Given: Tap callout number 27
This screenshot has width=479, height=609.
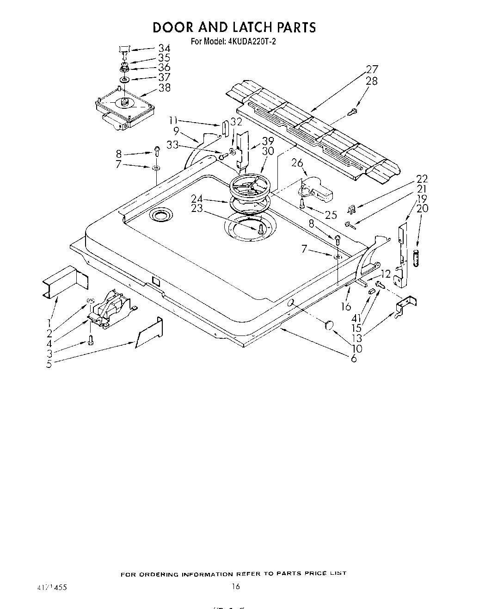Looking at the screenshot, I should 372,70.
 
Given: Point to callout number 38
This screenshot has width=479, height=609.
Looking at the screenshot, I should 164,87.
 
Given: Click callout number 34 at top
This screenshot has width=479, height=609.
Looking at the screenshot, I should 164,48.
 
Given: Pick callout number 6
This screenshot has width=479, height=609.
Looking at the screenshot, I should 354,359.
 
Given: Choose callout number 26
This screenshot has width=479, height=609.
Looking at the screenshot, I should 297,163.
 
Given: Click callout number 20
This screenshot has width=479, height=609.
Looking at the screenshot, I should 422,208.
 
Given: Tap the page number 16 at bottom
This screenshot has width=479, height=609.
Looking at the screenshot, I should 236,587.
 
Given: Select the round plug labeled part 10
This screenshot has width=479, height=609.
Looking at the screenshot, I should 329,326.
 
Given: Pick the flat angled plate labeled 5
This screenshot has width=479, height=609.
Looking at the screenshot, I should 149,333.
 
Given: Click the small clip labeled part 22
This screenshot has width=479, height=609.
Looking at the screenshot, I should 351,209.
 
